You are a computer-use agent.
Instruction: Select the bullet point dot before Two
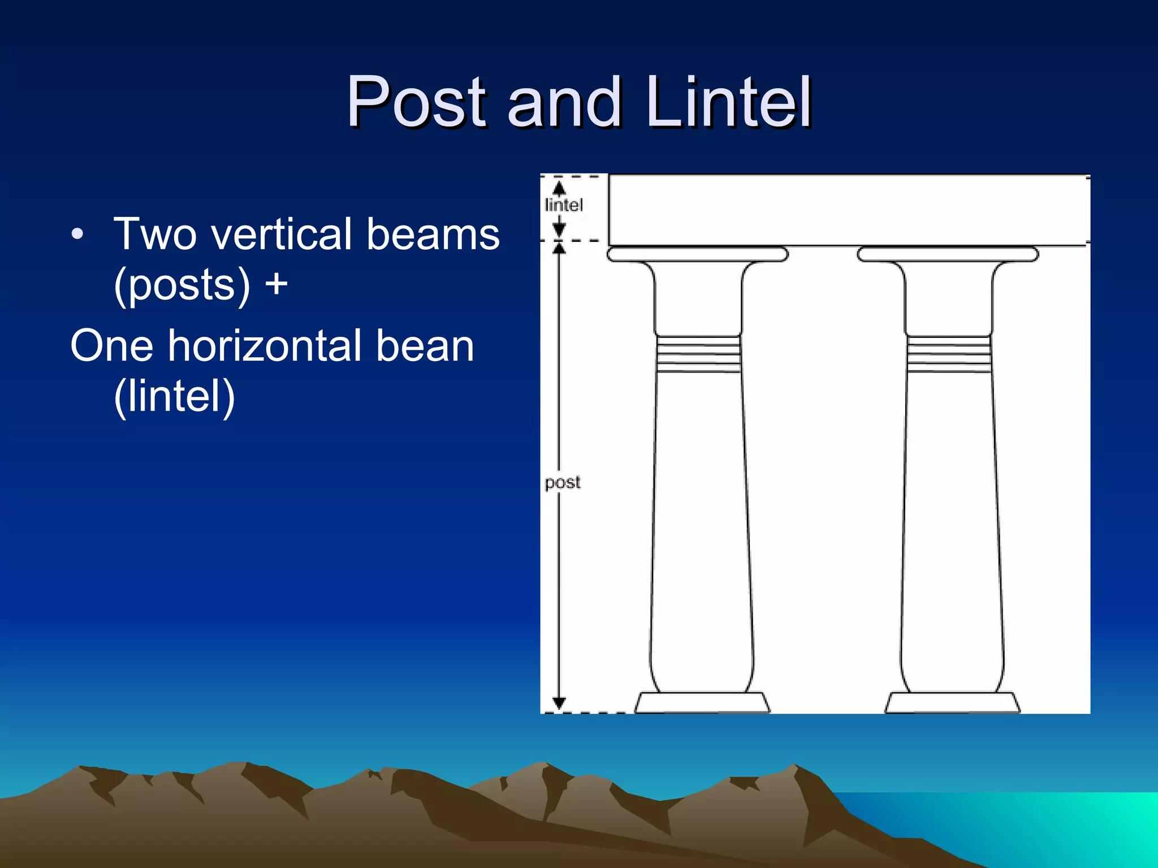click(77, 233)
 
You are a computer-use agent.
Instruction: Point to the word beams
click(433, 233)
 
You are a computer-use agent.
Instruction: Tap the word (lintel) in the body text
click(174, 396)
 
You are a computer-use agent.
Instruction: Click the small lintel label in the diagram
click(564, 205)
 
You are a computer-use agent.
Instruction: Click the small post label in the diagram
click(563, 483)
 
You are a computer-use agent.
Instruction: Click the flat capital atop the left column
click(697, 254)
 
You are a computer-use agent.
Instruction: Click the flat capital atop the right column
click(948, 254)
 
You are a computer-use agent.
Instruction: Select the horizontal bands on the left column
click(698, 354)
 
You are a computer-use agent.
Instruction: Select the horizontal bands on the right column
click(949, 354)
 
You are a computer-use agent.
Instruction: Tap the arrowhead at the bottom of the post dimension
click(559, 704)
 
